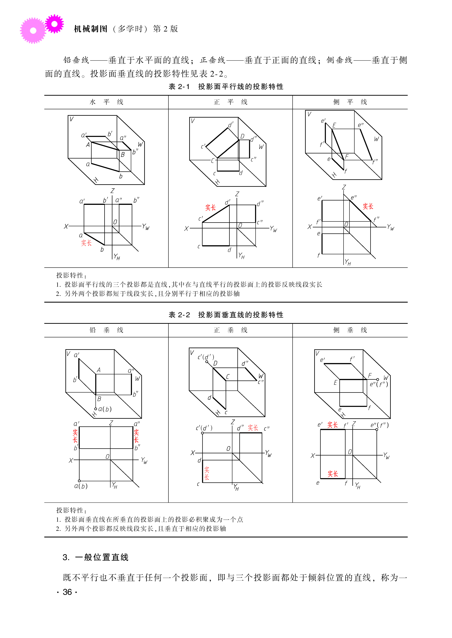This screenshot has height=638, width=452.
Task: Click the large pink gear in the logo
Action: point(33,31)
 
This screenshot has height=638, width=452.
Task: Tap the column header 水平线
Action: point(106,102)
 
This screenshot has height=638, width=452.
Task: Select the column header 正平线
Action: point(230,102)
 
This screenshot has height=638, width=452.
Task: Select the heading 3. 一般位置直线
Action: point(95,557)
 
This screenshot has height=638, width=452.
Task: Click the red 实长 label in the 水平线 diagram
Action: point(86,243)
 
